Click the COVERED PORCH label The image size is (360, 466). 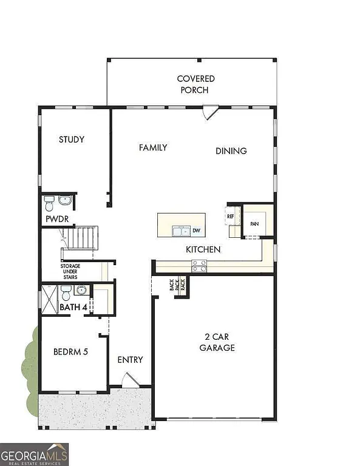(195, 84)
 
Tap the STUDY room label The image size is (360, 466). (71, 140)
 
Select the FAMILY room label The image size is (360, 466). (153, 147)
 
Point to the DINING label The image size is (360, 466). (231, 151)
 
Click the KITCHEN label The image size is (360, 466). (203, 249)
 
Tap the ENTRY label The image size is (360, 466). (130, 360)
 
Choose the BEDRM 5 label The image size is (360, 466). (71, 351)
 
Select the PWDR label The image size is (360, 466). (56, 218)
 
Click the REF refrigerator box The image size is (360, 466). (231, 216)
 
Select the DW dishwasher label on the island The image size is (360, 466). (197, 231)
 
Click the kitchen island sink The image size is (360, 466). (180, 231)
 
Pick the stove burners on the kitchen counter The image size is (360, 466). (199, 265)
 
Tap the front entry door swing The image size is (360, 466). (130, 381)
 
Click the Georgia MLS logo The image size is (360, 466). (34, 454)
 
